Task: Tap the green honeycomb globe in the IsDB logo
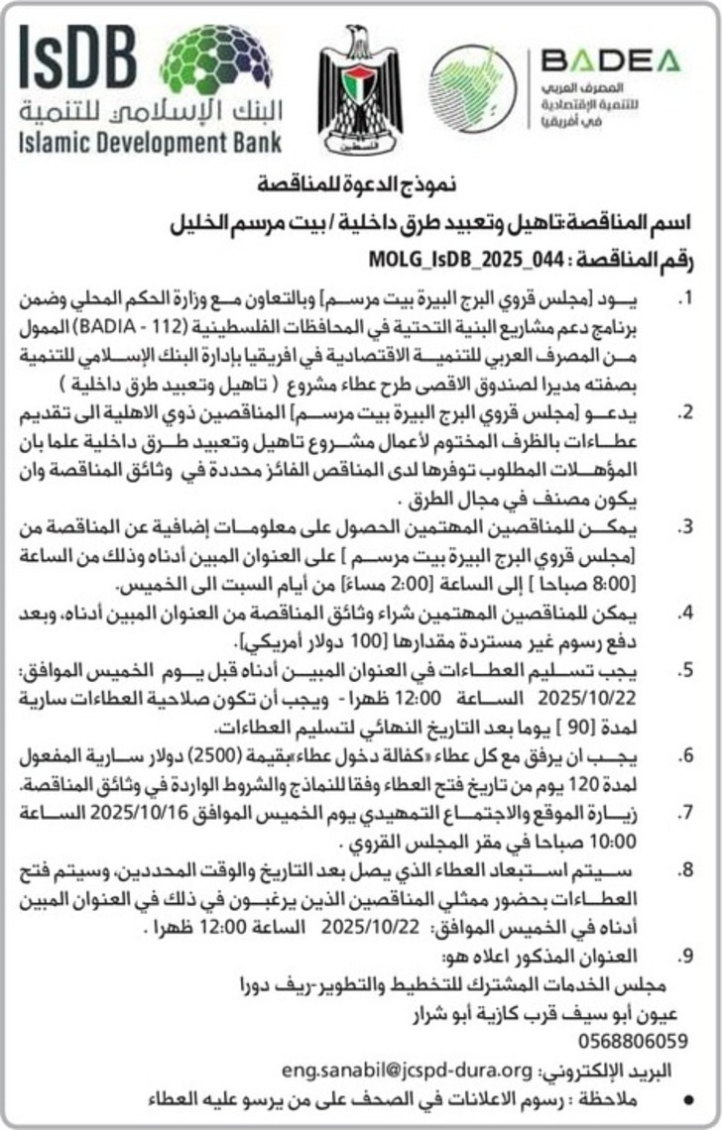pyautogui.click(x=214, y=56)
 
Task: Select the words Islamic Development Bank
pyautogui.click(x=150, y=141)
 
